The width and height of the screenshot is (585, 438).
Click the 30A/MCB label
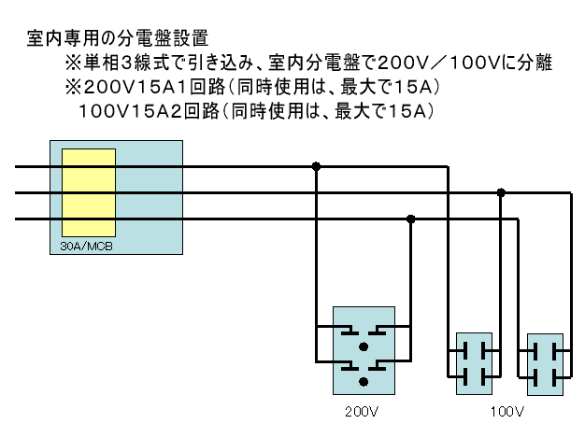pos(86,246)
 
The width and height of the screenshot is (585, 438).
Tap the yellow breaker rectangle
pos(89,192)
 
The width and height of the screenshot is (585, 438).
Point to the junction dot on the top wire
pos(316,166)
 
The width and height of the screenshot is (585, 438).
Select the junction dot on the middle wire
pos(501,192)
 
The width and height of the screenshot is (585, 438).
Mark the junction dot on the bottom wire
pos(411,219)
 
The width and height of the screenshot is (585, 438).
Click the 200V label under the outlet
pos(362,412)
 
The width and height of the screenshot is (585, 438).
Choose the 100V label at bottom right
pos(507,412)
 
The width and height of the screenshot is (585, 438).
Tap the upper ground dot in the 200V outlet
pos(364,347)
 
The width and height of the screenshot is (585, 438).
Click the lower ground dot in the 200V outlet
pos(364,382)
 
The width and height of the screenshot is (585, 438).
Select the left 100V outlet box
pos(474,364)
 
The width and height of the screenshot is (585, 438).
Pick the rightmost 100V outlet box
pos(545,364)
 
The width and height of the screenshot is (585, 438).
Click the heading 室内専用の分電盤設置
pos(118,38)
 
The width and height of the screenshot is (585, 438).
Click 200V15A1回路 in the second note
pos(154,87)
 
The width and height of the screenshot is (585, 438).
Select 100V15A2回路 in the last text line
pos(149,111)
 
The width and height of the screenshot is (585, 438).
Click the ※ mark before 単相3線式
pos(73,63)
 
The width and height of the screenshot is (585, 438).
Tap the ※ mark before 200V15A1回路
pos(73,88)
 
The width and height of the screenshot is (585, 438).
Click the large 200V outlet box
pos(364,351)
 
